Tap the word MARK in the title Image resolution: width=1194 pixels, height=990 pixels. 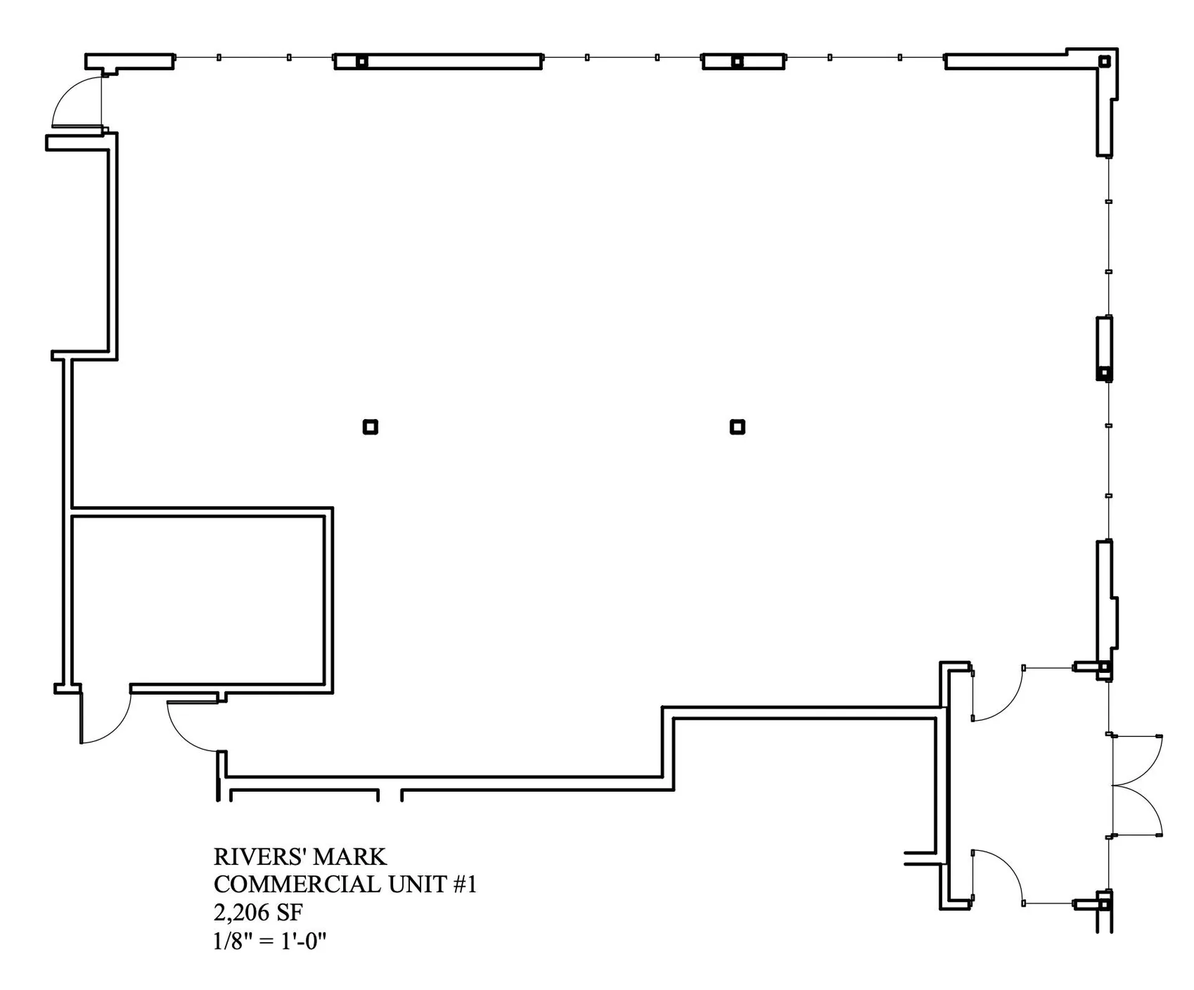pos(350,857)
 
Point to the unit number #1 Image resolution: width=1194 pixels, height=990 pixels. pos(465,884)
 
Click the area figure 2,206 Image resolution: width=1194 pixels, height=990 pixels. pos(241,912)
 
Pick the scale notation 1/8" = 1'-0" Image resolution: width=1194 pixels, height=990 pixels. pos(270,940)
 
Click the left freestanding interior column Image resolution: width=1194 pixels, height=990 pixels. pos(371,427)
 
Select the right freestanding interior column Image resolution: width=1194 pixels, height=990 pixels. pos(738,427)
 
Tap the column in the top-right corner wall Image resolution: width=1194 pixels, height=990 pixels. pos(1104,62)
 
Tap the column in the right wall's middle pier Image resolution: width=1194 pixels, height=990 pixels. pos(1104,373)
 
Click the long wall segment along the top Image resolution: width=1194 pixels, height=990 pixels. pos(438,62)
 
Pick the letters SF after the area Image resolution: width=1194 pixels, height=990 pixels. pos(289,912)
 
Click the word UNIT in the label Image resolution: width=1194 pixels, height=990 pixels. pos(417,884)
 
